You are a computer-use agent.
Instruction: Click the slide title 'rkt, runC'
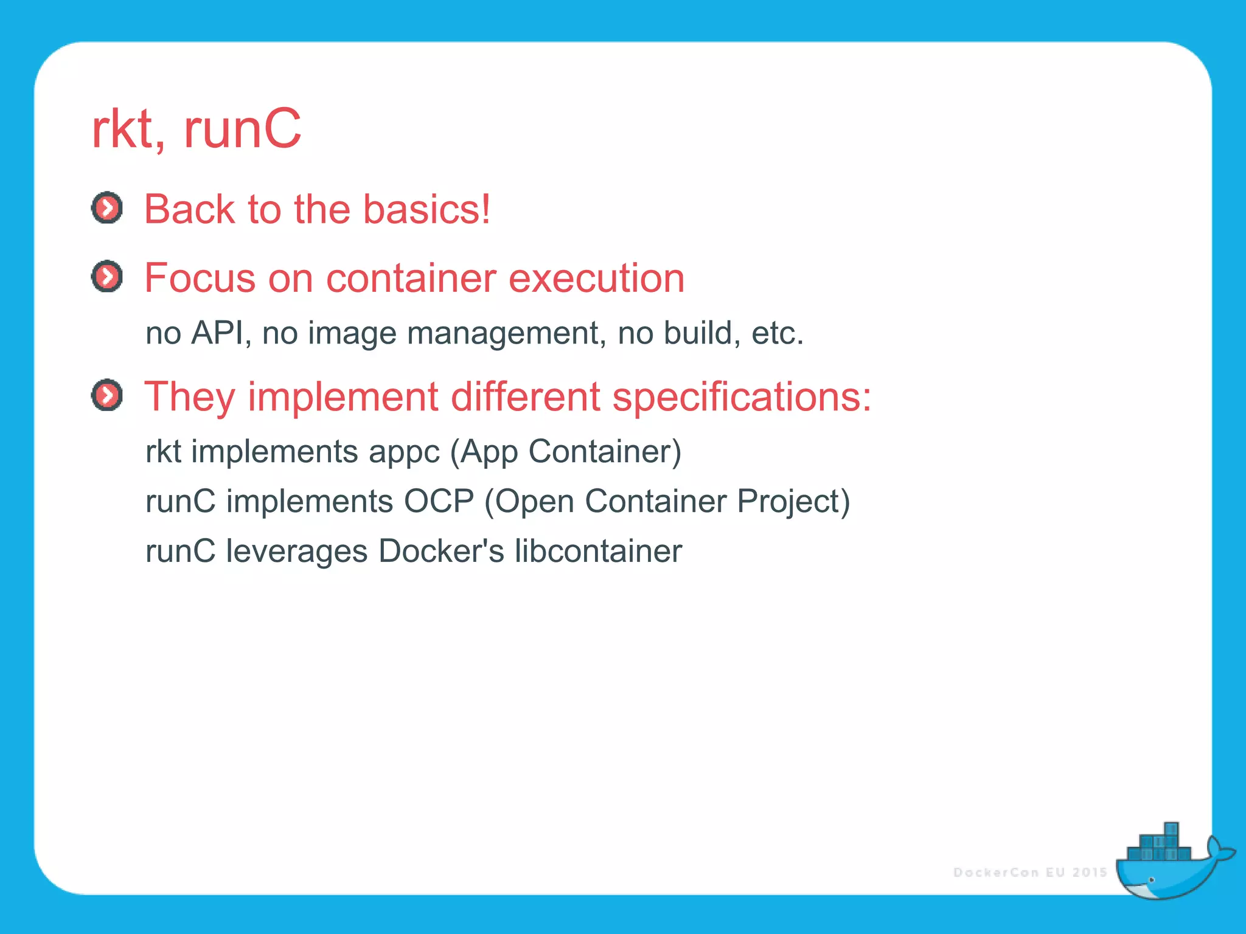(x=196, y=129)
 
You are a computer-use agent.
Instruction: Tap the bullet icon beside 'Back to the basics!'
(x=107, y=208)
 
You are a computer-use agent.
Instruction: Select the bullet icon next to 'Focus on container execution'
(x=107, y=277)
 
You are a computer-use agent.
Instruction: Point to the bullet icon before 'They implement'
(x=107, y=395)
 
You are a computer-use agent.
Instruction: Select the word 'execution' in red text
(x=596, y=278)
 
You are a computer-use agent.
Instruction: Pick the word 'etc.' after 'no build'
(x=778, y=333)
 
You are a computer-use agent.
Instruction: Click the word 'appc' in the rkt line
(x=404, y=452)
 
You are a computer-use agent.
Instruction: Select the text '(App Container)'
(x=566, y=452)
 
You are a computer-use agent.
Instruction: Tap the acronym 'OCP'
(x=439, y=502)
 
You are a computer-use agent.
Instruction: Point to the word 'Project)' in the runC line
(x=793, y=502)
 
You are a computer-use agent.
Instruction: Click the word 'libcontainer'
(x=598, y=552)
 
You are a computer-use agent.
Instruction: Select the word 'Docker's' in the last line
(x=441, y=552)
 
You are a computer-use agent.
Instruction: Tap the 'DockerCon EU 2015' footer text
(x=1030, y=873)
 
